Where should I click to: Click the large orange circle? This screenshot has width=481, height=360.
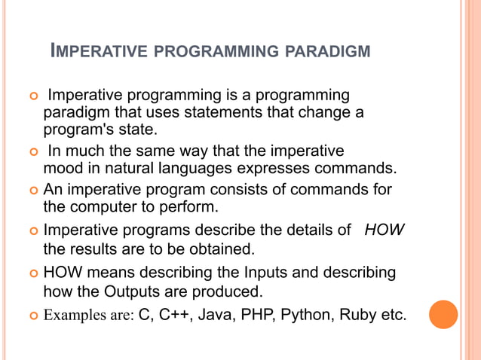point(443,314)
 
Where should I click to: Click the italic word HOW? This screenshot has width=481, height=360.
point(384,229)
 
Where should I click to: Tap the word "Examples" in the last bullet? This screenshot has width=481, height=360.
point(74,315)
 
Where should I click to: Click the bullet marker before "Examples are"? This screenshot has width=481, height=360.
point(33,316)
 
